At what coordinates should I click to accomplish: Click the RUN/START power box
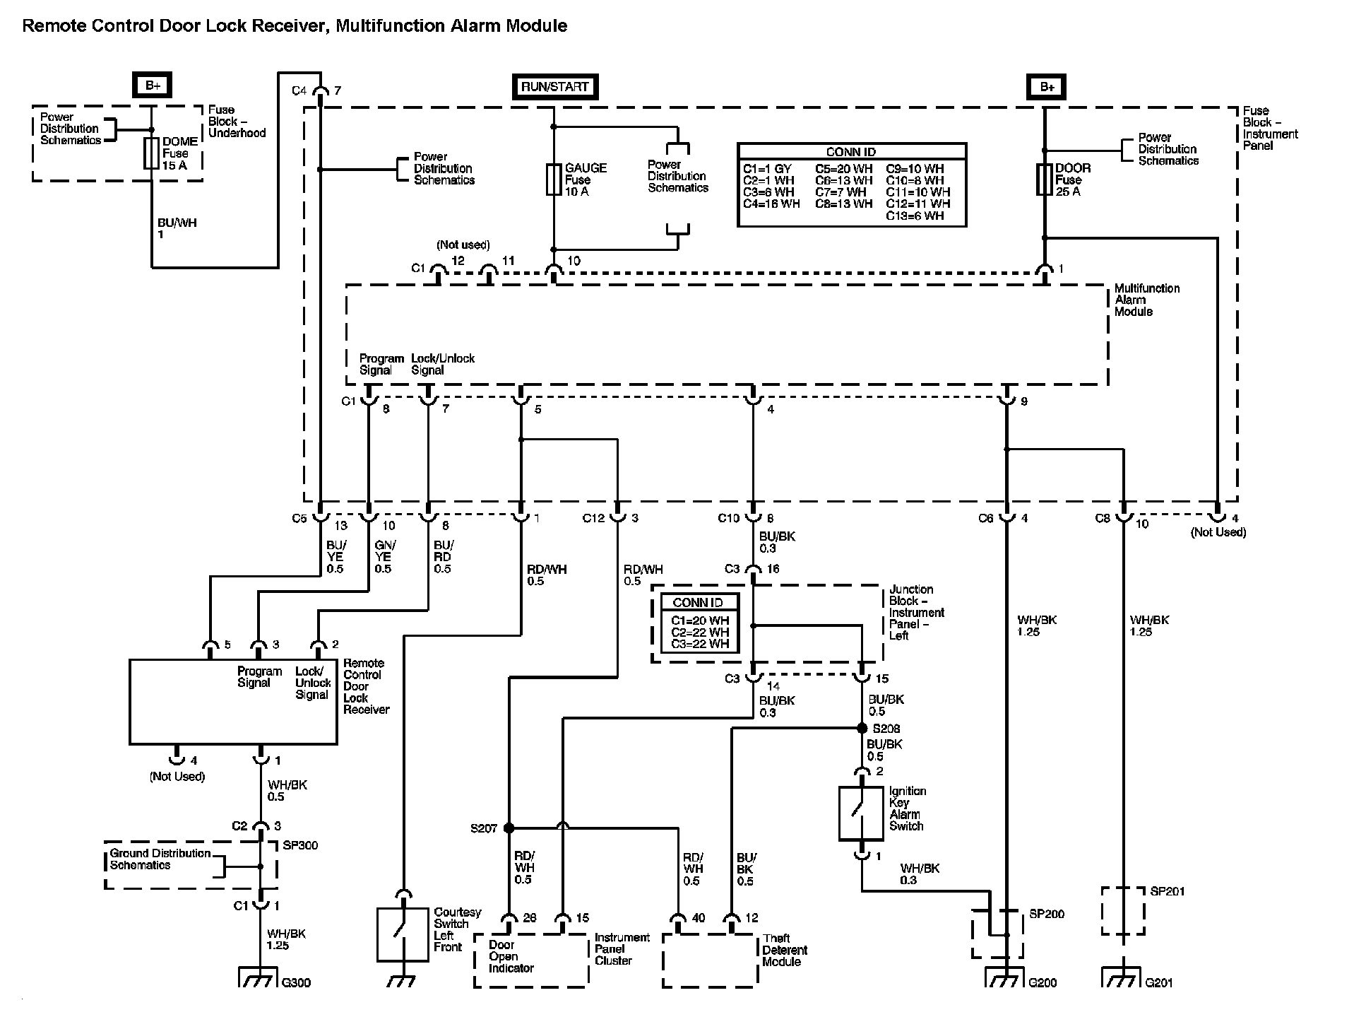pos(555,87)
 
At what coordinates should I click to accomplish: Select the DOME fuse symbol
pos(151,153)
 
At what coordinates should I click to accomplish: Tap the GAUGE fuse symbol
pos(554,180)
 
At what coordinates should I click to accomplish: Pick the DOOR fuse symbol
pos(1045,180)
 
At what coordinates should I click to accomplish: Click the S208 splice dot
pos(862,728)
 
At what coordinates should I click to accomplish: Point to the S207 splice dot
pos(509,828)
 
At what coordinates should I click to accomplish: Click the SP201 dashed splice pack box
pos(1123,911)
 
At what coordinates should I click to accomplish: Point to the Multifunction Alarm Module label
pos(1147,300)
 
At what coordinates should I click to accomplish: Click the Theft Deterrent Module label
pos(785,950)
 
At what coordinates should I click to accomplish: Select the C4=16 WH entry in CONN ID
pos(771,204)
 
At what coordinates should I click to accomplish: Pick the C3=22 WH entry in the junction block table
pos(700,644)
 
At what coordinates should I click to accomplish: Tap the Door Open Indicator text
pos(511,956)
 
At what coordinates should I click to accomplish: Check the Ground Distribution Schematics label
pos(160,859)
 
